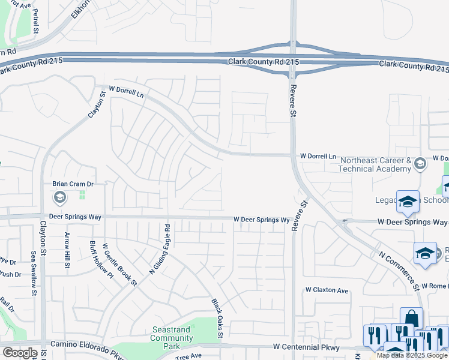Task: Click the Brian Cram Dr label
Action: pyautogui.click(x=73, y=185)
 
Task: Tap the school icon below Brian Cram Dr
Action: pyautogui.click(x=60, y=197)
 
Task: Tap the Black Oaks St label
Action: pyautogui.click(x=216, y=318)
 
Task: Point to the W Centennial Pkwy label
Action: pyautogui.click(x=306, y=347)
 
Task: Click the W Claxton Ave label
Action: pyautogui.click(x=326, y=290)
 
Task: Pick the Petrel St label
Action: pyautogui.click(x=35, y=20)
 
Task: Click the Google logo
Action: pyautogui.click(x=20, y=353)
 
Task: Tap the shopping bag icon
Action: pyautogui.click(x=412, y=318)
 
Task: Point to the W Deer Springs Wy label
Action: pyautogui.click(x=262, y=220)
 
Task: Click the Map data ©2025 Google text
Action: pyautogui.click(x=412, y=356)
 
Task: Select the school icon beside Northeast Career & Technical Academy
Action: pyautogui.click(x=420, y=164)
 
